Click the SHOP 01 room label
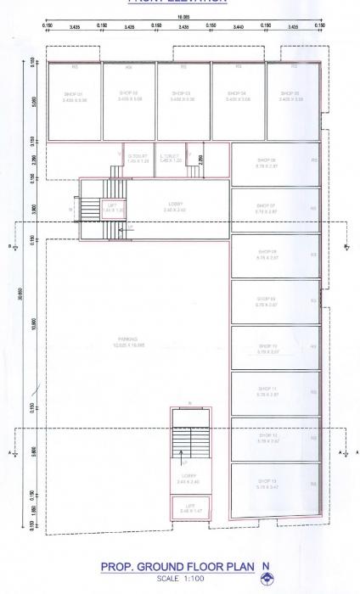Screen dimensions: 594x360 (x=73, y=93)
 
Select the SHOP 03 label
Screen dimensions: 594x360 (x=182, y=93)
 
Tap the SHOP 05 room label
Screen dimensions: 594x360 (x=290, y=93)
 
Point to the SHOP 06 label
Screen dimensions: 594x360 (x=267, y=160)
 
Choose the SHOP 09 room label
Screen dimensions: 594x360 (x=267, y=298)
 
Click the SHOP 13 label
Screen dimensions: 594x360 (x=267, y=481)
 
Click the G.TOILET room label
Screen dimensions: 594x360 (x=138, y=156)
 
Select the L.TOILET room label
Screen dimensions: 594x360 (x=172, y=156)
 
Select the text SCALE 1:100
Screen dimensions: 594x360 (x=179, y=578)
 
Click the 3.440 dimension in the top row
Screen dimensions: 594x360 (x=239, y=27)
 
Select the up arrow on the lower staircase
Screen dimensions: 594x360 (x=181, y=463)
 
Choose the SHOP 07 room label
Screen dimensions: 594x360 (x=267, y=205)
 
